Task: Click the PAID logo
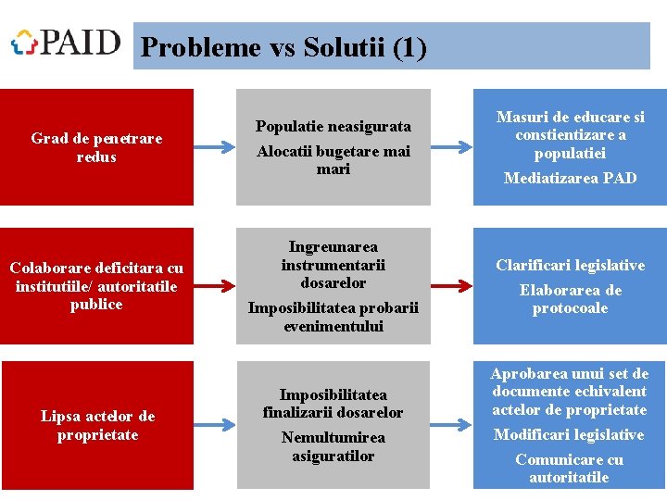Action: (66, 43)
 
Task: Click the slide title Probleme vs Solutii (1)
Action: (284, 47)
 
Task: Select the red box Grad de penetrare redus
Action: (96, 147)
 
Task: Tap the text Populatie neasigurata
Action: (333, 126)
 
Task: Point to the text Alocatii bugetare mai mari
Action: (333, 160)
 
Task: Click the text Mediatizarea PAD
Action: (570, 178)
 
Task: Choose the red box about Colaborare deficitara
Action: (96, 286)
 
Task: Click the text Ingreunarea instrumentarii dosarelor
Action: (333, 265)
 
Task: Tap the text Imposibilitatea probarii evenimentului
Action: (333, 317)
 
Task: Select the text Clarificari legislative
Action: (570, 266)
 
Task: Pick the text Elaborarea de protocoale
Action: (570, 299)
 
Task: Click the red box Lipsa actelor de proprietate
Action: (96, 425)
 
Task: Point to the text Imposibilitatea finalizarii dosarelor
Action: (333, 403)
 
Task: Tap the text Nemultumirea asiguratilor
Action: (333, 446)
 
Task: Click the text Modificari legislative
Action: (570, 434)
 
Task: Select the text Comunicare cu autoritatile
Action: (570, 469)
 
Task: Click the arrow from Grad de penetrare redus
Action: (215, 147)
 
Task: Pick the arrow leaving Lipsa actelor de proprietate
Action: (215, 425)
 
